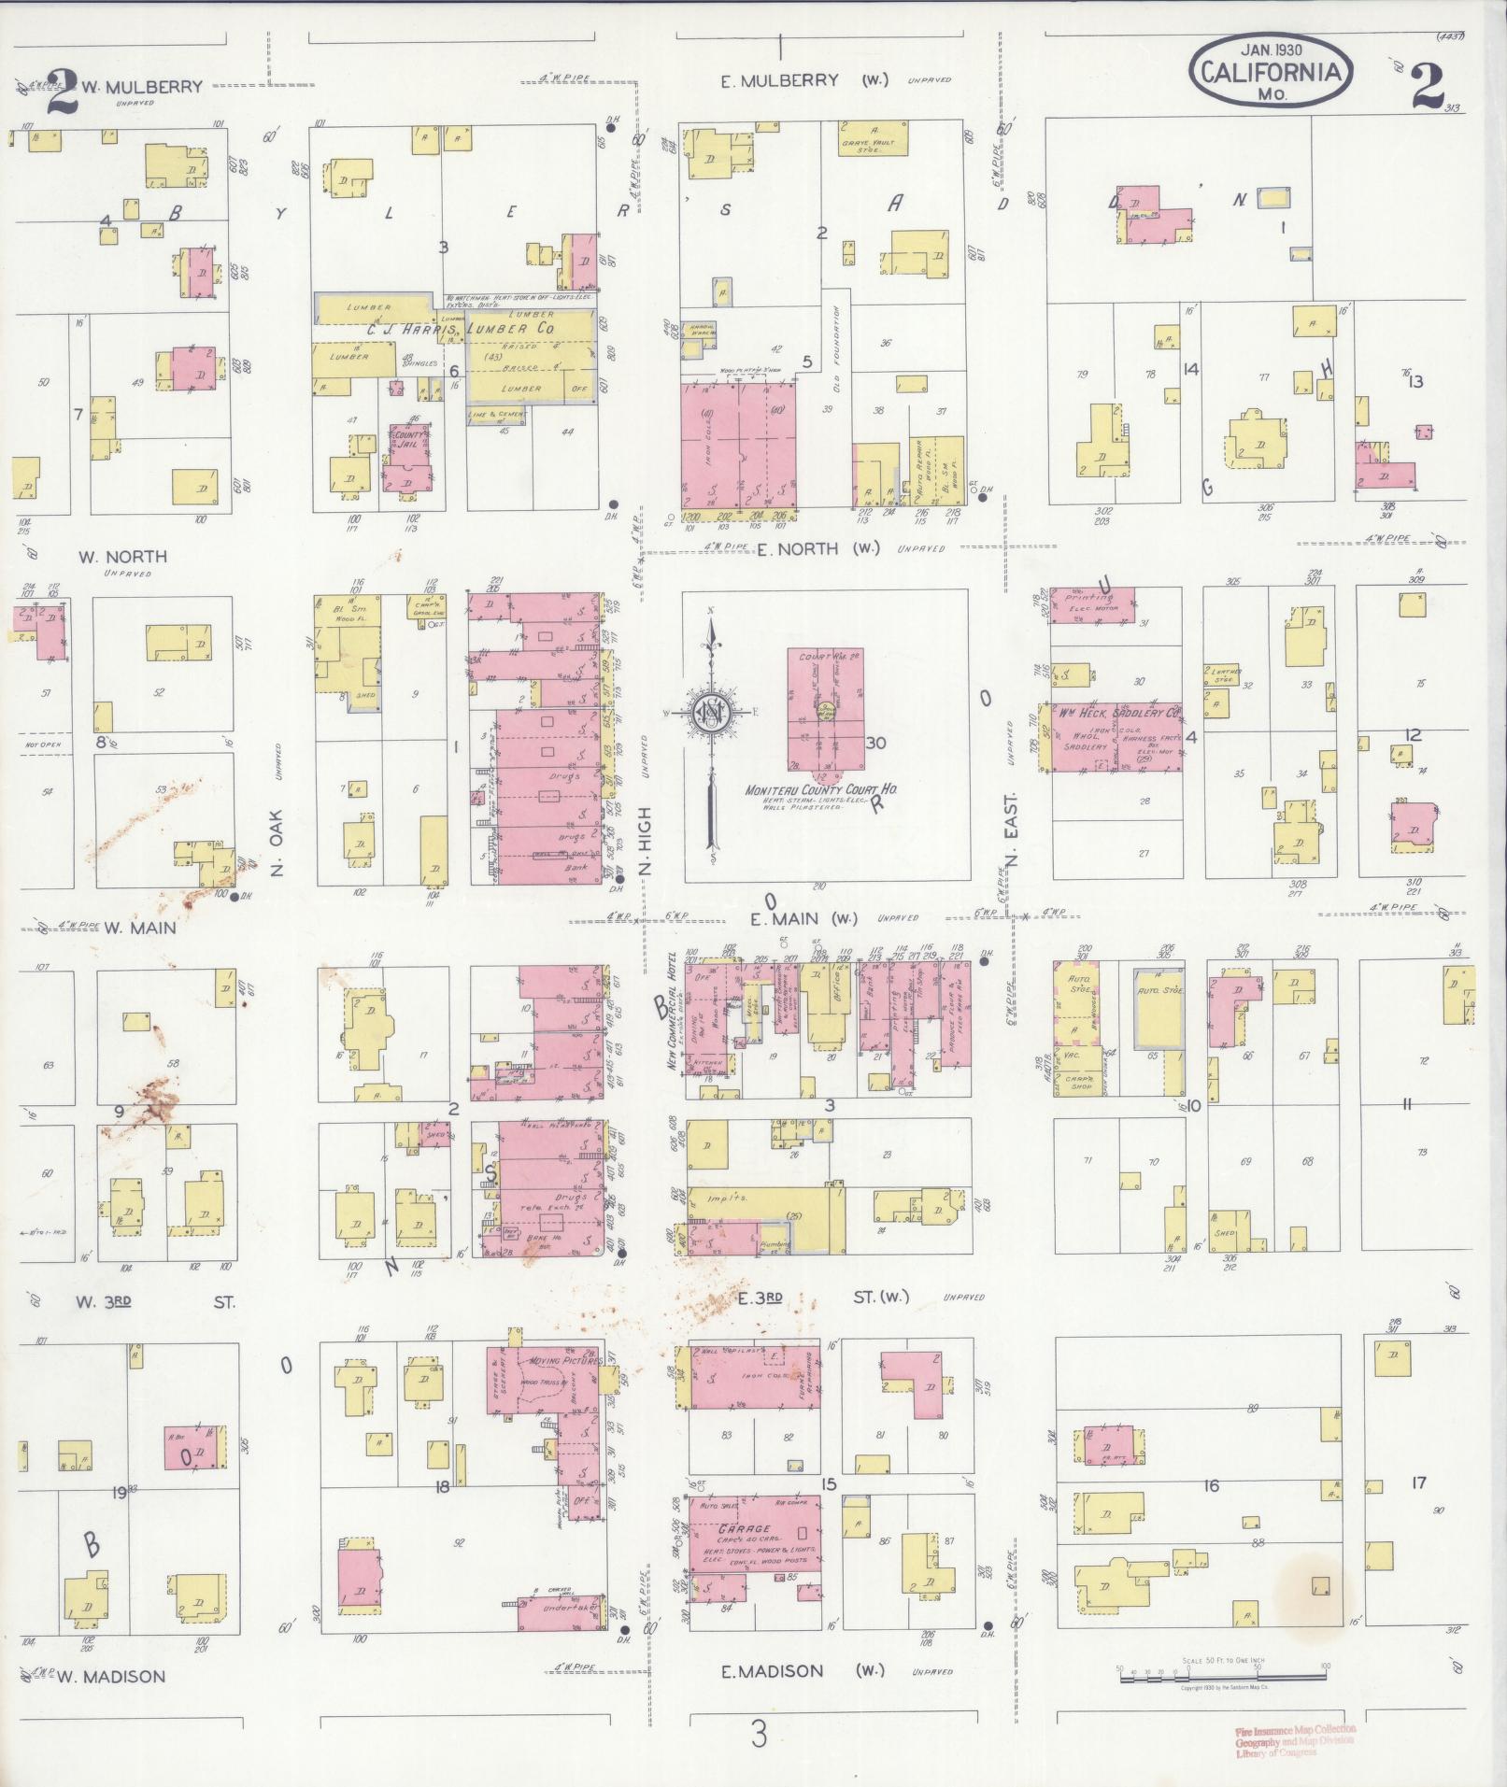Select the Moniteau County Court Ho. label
[x=820, y=790]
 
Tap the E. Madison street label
[x=773, y=1671]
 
